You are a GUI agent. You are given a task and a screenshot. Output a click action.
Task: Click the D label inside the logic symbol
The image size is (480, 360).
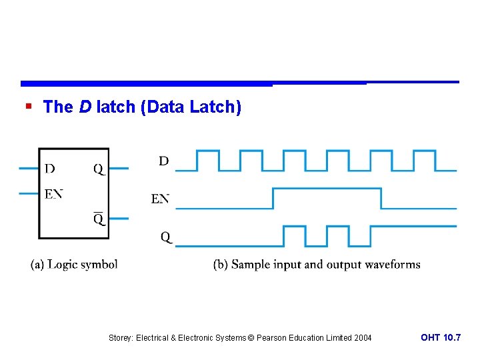tap(50, 169)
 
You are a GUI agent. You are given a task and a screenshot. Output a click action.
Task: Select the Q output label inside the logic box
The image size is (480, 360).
tap(99, 169)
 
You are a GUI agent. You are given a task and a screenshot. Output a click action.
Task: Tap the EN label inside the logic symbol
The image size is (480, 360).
tap(53, 194)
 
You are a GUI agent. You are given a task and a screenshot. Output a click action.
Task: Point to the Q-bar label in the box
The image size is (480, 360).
tap(99, 218)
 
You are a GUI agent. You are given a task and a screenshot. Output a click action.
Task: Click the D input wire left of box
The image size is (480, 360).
tap(29, 168)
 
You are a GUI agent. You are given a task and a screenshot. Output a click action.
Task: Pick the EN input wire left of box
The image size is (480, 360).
tap(29, 193)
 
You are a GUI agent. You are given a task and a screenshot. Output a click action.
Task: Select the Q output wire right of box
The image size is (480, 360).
tap(119, 168)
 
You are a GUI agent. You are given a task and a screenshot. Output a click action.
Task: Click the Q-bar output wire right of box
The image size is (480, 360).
tap(119, 218)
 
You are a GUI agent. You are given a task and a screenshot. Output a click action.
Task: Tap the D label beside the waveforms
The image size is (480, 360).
tap(163, 161)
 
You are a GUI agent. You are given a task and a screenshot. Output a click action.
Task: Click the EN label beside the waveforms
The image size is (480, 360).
tap(160, 199)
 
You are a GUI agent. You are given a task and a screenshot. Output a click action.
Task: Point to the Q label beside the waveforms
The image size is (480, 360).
tap(165, 237)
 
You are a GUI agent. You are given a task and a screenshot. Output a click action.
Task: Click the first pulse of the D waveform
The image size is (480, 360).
tap(207, 151)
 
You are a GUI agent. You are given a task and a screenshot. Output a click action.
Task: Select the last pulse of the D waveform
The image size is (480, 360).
tap(424, 151)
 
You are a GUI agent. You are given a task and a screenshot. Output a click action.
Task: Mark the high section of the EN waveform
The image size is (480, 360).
tap(327, 189)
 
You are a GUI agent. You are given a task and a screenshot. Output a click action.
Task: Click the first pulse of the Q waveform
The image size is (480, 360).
tap(294, 227)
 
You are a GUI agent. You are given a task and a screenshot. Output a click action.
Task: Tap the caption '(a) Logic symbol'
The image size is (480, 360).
tap(74, 264)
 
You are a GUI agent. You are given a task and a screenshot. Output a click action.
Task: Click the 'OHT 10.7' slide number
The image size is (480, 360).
tap(440, 338)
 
